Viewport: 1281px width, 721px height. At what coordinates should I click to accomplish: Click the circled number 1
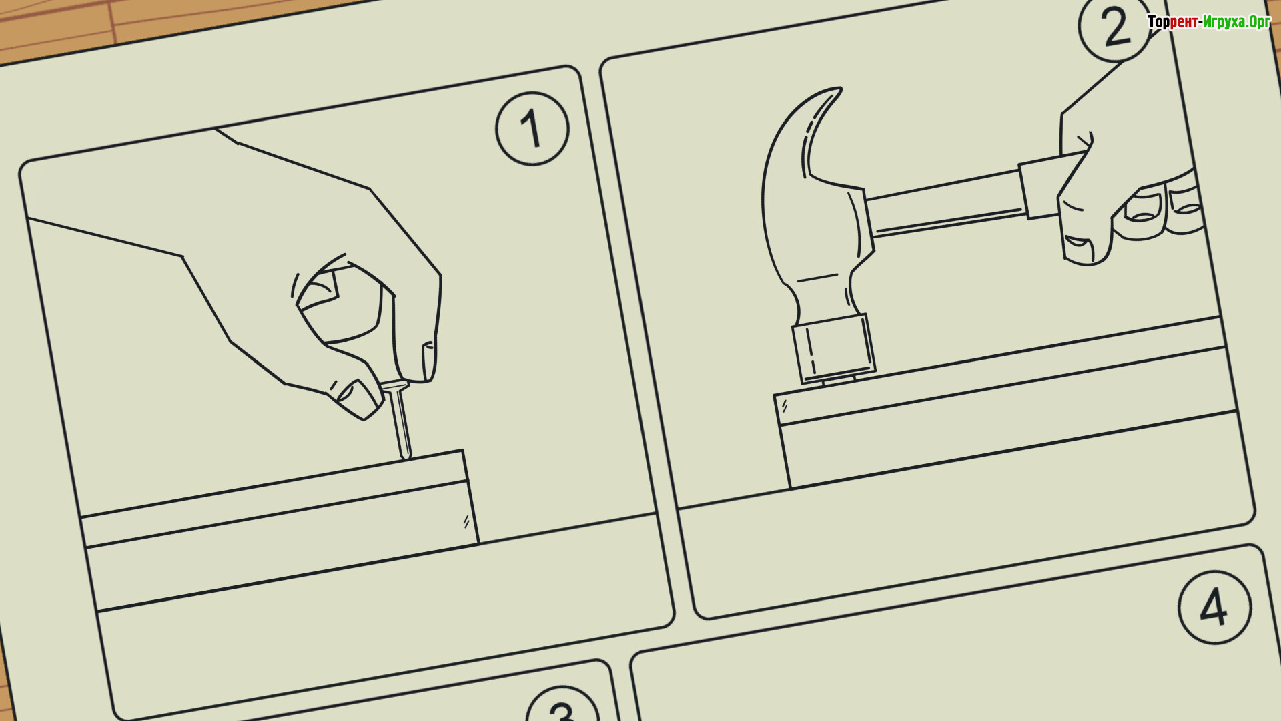click(x=532, y=128)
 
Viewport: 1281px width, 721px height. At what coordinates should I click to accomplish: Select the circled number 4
click(x=1214, y=607)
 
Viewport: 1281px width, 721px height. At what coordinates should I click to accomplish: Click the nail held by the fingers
click(x=398, y=419)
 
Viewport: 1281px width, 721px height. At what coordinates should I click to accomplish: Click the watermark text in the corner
click(x=1209, y=22)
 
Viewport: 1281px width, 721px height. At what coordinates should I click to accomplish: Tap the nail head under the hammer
click(x=839, y=380)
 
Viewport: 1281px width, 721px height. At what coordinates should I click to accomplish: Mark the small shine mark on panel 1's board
click(x=466, y=521)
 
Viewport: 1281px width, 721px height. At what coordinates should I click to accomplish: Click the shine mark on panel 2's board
click(x=785, y=405)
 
